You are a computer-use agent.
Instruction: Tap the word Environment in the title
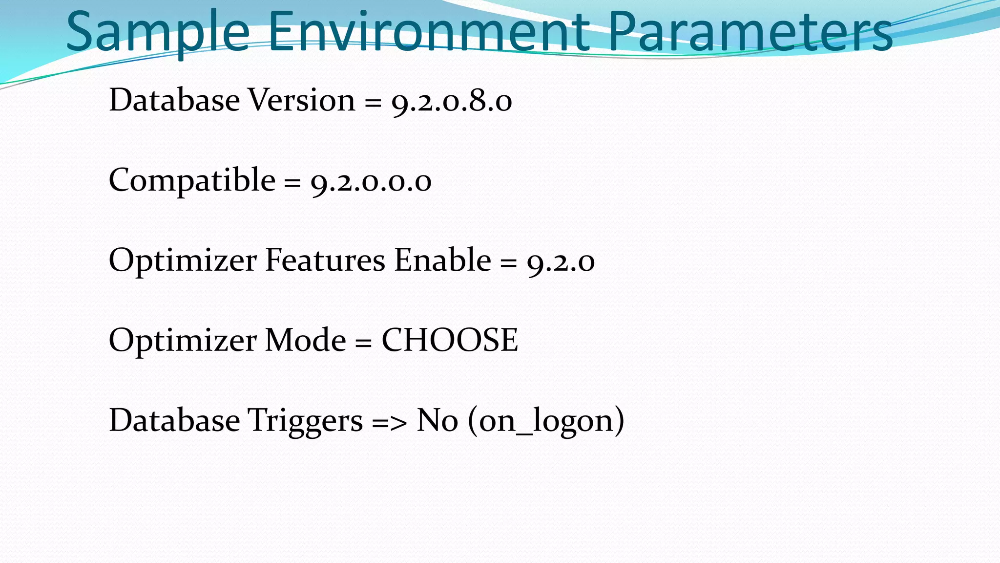[428, 33]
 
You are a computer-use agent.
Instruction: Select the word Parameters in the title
[750, 33]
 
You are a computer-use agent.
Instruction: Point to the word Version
[302, 100]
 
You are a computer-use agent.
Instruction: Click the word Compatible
[192, 180]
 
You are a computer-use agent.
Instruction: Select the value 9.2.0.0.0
[371, 182]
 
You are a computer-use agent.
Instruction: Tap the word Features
[325, 260]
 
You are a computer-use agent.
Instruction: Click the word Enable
[442, 260]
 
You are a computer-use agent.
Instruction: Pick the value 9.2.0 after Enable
[561, 262]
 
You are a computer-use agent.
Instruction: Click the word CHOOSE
[449, 340]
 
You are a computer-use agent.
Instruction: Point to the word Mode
[305, 340]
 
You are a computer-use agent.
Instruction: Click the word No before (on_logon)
[437, 420]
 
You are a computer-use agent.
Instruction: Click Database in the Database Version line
[174, 100]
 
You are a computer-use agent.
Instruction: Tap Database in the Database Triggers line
[174, 420]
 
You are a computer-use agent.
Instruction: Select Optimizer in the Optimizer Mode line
[182, 340]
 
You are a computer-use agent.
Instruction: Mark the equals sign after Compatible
[292, 183]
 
